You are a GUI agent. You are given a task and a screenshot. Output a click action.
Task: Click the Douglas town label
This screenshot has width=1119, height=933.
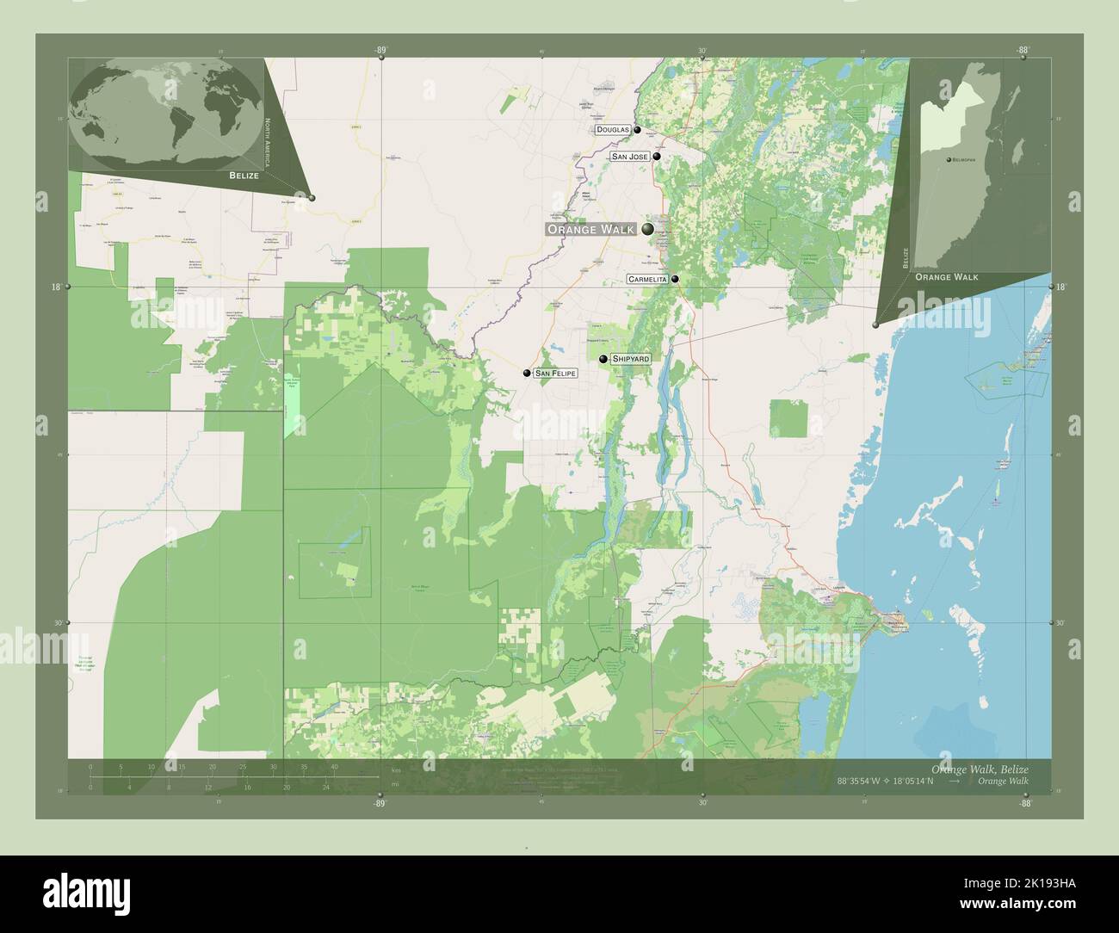[612, 130]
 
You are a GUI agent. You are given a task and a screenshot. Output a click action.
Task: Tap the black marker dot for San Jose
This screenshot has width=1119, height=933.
[656, 158]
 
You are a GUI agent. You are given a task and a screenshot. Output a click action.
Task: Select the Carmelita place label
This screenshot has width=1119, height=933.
[648, 280]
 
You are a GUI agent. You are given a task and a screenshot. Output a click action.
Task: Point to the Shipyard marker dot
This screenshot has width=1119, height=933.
[603, 358]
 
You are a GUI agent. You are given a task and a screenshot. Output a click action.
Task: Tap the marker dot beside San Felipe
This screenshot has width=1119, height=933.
[527, 374]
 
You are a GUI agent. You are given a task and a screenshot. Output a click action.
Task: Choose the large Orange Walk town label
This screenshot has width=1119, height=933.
[590, 229]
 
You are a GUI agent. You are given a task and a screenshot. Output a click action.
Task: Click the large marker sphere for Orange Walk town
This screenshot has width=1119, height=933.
[647, 229]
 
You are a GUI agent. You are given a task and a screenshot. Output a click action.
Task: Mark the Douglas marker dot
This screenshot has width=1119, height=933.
[638, 130]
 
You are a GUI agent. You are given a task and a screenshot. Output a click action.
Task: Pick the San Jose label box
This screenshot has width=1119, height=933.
[629, 158]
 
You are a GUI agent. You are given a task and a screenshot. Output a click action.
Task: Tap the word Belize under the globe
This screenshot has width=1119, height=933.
[244, 175]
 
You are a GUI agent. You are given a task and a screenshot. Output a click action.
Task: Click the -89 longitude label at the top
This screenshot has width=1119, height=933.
[380, 51]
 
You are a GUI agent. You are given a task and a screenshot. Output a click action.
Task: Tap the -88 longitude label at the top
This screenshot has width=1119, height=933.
[1022, 51]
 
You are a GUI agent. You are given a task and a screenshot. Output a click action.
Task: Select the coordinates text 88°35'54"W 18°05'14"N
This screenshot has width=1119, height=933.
[887, 781]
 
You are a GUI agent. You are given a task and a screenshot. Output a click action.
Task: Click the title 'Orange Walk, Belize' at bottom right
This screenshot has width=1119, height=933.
[979, 768]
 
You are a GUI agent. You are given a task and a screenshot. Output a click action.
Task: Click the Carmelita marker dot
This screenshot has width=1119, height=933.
[676, 279]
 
